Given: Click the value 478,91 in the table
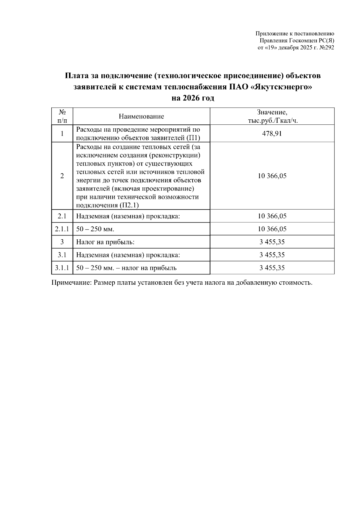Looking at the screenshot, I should (272, 133).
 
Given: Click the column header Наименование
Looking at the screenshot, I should (141, 116).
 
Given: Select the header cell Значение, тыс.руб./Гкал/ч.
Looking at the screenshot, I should (272, 116).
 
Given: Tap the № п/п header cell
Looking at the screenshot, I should (62, 116).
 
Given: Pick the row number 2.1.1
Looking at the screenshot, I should (62, 229).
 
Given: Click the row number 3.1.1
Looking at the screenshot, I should (62, 268).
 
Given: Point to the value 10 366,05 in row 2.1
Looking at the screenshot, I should (272, 216).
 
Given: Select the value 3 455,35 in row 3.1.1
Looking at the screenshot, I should (272, 268).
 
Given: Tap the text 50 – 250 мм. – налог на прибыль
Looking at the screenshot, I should (126, 268).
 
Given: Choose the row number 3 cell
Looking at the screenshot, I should (62, 242).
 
